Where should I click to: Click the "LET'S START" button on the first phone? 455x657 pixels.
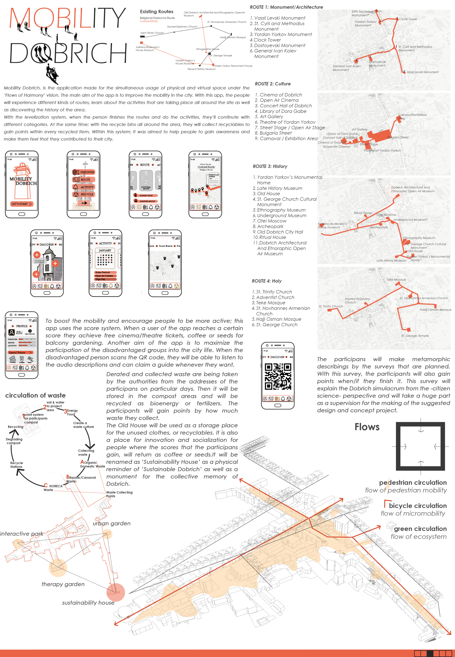coord(22,204)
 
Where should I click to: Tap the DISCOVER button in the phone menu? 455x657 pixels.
coord(84,172)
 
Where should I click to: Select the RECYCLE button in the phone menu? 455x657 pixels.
coord(84,194)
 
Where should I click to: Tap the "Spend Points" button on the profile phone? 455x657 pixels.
coord(20,352)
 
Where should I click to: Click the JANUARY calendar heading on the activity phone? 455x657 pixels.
coord(105,250)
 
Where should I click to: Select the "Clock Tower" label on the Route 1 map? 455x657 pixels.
coord(408,19)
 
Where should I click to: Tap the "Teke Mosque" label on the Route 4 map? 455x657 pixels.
coord(396,280)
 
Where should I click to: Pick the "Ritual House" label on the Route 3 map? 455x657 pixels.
coord(363,213)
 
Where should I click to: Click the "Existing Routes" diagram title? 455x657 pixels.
coord(156,12)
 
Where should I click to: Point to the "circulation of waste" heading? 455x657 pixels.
coord(35,395)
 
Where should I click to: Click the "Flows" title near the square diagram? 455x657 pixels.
coord(367,427)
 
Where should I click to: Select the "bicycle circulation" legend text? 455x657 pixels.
coord(418,506)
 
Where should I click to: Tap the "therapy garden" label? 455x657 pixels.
coord(63,584)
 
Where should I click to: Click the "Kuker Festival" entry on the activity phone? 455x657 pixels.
coord(103,272)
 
